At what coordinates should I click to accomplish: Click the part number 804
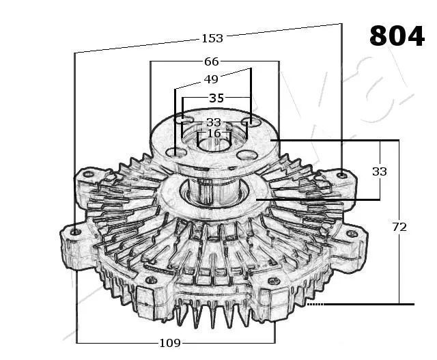396,36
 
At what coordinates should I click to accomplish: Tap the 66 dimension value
212,61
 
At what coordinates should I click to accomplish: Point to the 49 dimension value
211,79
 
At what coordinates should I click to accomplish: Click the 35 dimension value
216,98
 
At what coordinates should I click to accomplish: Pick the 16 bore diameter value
214,133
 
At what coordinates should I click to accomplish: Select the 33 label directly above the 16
214,122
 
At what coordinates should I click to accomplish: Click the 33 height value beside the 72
379,171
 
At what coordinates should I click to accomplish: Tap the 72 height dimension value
399,227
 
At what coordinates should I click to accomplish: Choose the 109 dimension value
170,343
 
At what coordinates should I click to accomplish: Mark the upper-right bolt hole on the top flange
250,123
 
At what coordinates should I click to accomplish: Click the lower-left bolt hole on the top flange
178,151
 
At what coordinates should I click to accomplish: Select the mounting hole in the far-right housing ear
352,234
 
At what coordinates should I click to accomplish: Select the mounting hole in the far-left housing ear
76,232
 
